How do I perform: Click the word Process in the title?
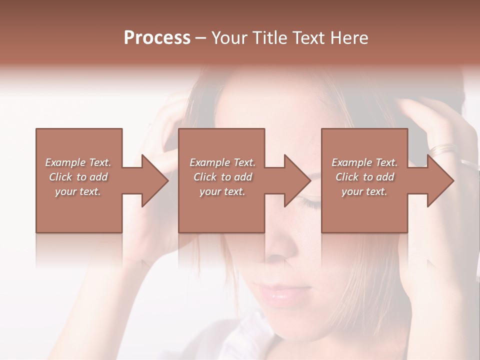[157, 38]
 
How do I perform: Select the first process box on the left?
[78, 210]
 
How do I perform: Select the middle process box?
[221, 210]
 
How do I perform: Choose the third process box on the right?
[364, 210]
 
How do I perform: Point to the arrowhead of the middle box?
[297, 180]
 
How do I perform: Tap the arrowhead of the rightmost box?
[440, 180]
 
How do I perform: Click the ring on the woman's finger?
[444, 148]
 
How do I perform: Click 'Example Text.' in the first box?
[78, 162]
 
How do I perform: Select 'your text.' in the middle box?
[222, 191]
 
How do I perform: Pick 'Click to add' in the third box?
[365, 177]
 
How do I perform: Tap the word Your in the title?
[229, 38]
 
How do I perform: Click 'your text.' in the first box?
[78, 191]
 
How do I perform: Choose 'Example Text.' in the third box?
[364, 162]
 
